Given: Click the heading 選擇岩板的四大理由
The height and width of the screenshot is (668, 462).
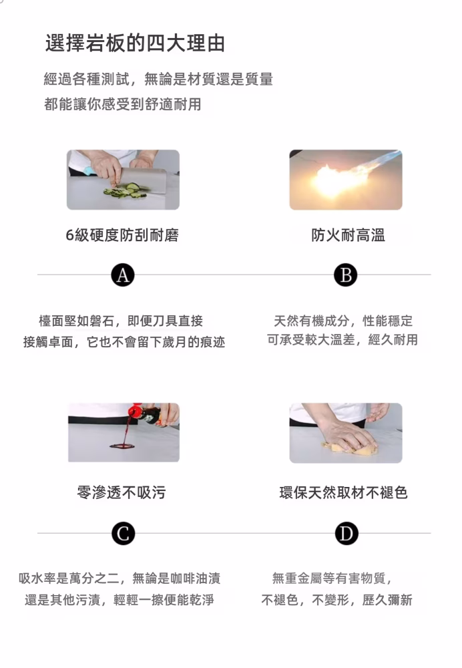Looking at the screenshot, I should point(135,43).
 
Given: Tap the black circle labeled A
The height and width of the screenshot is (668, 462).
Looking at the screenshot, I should point(122,275).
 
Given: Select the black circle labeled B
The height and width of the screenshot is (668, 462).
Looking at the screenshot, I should point(345,275).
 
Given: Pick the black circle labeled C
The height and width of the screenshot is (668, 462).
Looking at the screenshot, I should point(123,533).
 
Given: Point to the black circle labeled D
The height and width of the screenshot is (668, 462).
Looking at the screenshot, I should point(346,533).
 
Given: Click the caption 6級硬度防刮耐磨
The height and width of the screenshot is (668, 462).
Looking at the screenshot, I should point(122,235).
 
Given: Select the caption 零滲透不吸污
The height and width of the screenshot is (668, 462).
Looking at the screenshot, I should point(122,493).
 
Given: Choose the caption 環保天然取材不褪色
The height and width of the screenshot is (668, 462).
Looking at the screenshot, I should point(343,493).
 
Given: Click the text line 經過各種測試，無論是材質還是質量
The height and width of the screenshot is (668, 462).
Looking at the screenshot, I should point(158,79).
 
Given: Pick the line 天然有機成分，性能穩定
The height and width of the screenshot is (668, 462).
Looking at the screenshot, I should point(343,321).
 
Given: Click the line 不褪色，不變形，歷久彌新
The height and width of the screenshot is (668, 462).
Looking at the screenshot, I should point(336,600).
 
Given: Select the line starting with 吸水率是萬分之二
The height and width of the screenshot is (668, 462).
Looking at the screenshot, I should point(120,578).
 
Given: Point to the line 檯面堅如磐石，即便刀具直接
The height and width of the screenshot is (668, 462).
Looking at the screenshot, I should point(121,321).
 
